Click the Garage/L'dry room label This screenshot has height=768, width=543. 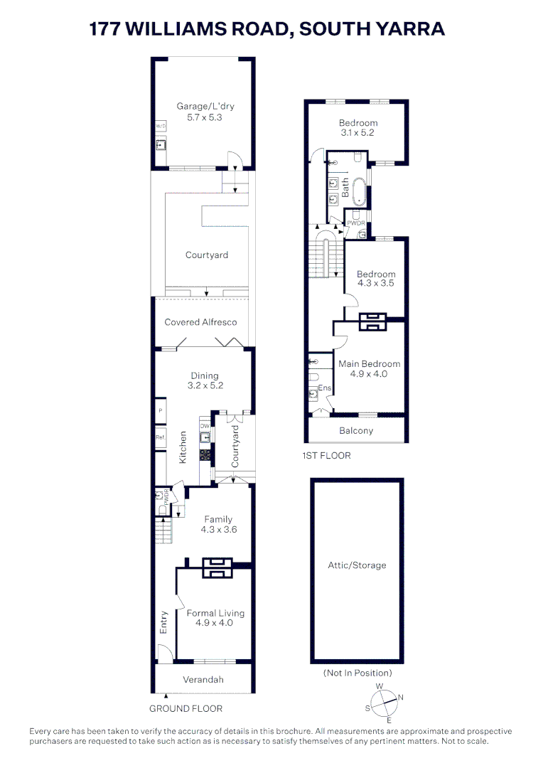click(205, 112)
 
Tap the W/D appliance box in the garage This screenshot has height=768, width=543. click(160, 126)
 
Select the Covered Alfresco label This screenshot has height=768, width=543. click(200, 322)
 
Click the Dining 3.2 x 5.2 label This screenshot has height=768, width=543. click(204, 380)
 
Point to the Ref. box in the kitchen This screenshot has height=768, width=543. click(161, 437)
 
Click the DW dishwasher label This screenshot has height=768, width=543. click(204, 426)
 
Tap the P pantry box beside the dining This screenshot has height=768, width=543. click(161, 411)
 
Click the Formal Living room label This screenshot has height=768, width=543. click(215, 617)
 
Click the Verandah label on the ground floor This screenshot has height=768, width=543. click(203, 680)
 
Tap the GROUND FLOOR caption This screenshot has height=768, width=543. click(186, 708)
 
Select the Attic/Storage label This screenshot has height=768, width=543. click(357, 565)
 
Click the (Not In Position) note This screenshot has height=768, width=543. click(357, 673)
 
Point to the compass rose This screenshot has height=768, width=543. click(385, 702)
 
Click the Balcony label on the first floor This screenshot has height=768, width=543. click(356, 430)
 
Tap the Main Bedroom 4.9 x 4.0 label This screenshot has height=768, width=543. click(369, 368)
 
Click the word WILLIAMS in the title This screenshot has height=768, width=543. click(201, 29)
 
